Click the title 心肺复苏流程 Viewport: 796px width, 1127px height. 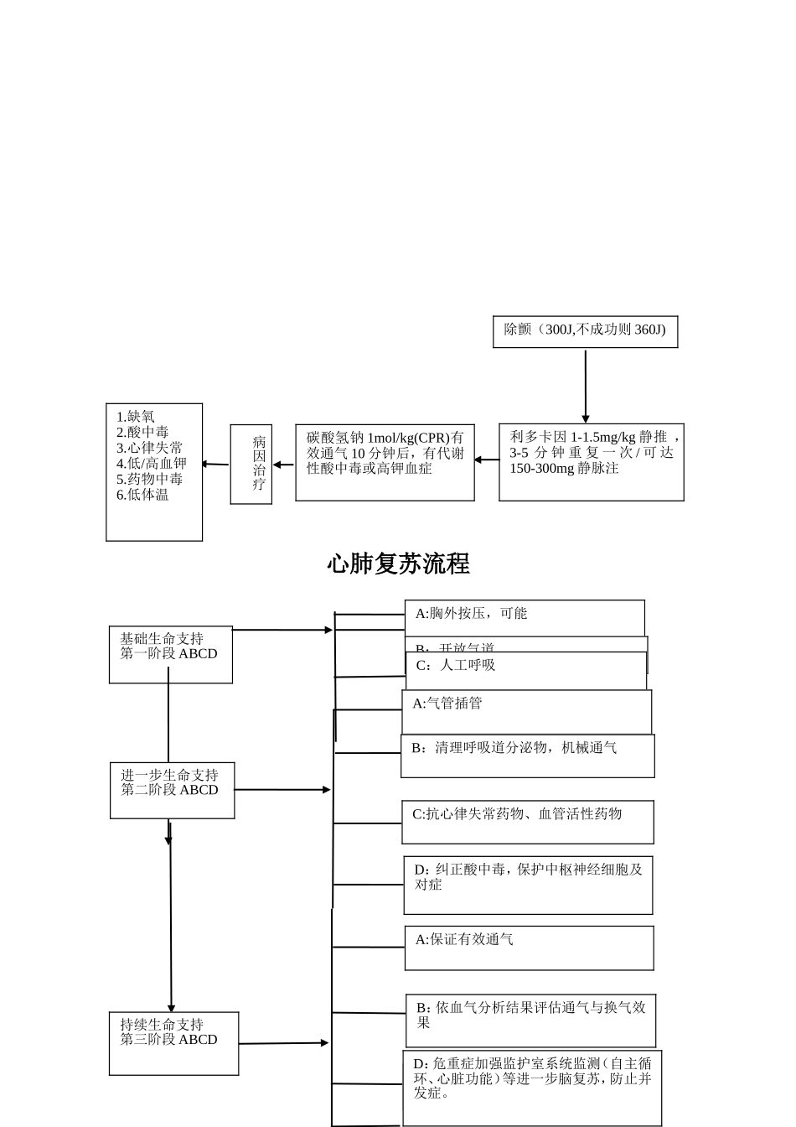(398, 564)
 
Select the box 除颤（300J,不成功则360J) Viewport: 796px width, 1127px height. (585, 331)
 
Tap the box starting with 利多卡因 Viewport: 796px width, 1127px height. (591, 462)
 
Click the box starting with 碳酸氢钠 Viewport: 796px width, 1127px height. (385, 462)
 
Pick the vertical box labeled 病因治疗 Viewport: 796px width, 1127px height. (251, 464)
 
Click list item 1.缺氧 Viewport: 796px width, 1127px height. (136, 417)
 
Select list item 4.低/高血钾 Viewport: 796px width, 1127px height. (152, 464)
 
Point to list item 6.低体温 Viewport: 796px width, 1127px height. (142, 495)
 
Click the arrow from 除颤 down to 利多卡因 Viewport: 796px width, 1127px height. (585, 386)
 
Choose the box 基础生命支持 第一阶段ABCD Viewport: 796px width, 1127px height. (170, 654)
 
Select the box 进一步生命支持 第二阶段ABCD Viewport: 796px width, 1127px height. (172, 790)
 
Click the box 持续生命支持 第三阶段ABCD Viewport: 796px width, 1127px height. (173, 1042)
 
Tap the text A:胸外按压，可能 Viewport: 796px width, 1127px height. (471, 614)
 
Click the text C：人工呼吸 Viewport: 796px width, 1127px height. (455, 665)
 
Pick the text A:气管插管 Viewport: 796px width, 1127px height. (447, 704)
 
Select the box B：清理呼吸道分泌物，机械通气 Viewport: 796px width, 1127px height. (527, 756)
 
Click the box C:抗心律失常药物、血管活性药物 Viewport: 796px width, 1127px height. (527, 822)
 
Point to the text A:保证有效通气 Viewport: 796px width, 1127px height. (464, 940)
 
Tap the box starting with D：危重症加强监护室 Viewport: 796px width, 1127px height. (532, 1087)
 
